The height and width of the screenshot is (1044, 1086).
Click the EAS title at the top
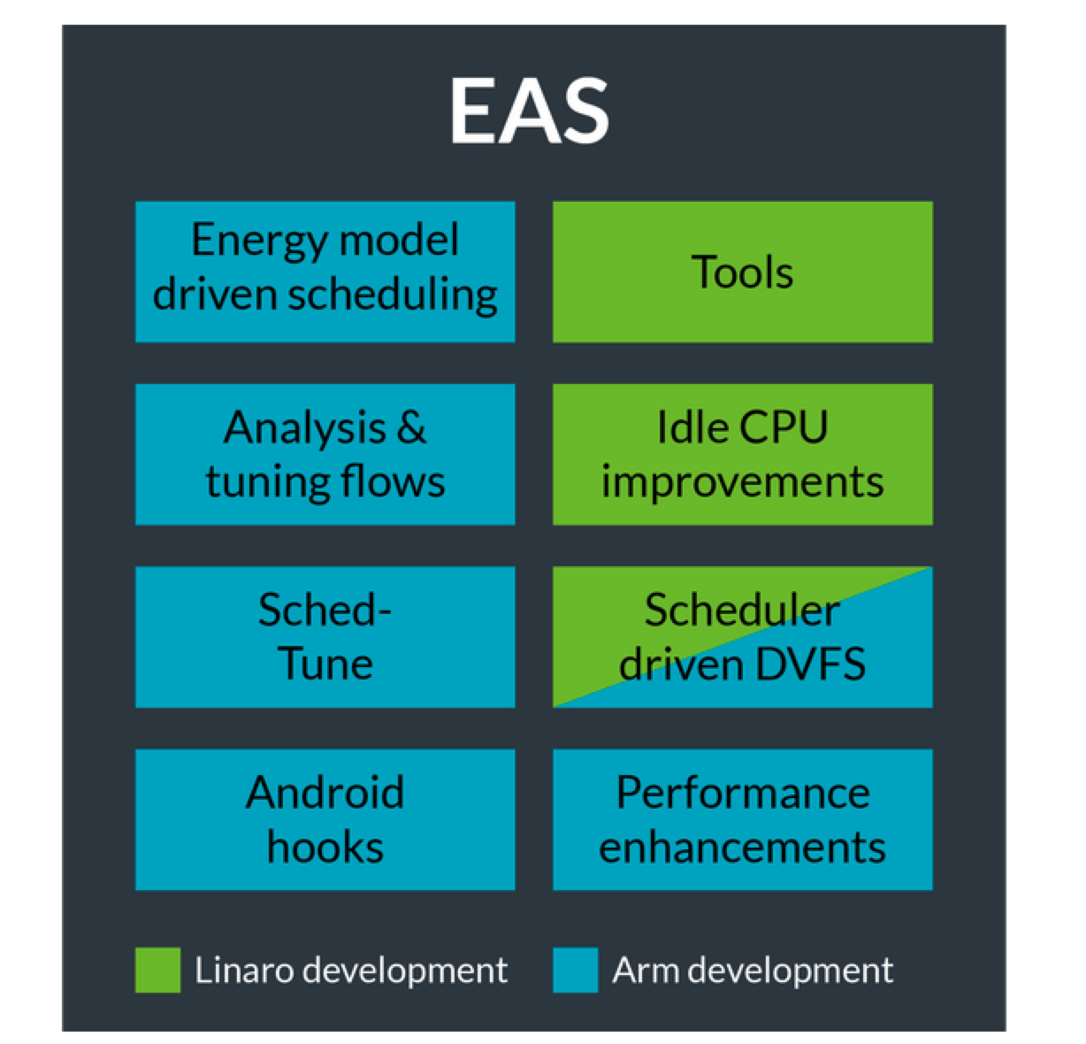529,111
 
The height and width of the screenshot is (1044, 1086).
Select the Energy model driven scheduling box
325,272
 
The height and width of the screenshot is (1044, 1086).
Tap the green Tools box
742,272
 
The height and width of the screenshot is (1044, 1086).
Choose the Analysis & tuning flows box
325,454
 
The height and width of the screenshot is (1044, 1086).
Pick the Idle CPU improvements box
742,454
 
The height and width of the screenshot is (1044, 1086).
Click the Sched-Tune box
325,637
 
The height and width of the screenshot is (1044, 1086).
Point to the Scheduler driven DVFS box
742,637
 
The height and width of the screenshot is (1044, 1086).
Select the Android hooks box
325,819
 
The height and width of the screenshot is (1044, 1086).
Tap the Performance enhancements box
742,819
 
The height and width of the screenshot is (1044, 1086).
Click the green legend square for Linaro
157,970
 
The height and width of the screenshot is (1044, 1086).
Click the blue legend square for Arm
575,970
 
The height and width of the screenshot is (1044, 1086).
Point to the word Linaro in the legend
232,971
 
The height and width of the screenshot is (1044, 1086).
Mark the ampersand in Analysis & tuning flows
411,428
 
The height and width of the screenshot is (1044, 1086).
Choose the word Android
325,792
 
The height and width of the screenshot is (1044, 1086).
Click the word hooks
325,847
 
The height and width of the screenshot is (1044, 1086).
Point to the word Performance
742,792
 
